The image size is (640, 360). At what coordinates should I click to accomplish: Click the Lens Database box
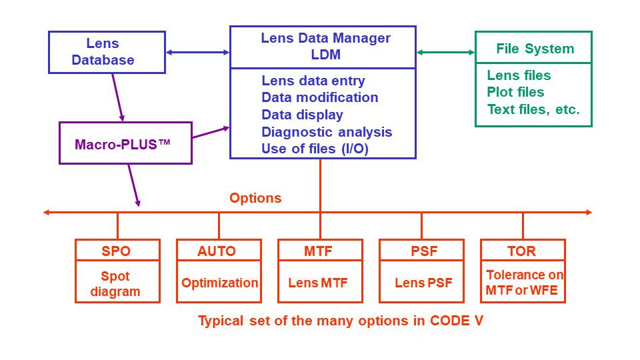pyautogui.click(x=107, y=52)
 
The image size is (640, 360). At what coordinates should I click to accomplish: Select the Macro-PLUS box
pyautogui.click(x=126, y=143)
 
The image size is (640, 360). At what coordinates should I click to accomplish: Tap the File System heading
pyautogui.click(x=535, y=49)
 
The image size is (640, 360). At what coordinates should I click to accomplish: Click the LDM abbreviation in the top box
pyautogui.click(x=326, y=54)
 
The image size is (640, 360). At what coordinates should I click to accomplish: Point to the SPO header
pyautogui.click(x=116, y=251)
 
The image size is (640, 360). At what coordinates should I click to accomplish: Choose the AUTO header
pyautogui.click(x=217, y=251)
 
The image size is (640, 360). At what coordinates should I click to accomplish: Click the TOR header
pyautogui.click(x=521, y=251)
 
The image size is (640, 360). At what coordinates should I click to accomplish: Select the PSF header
pyautogui.click(x=424, y=251)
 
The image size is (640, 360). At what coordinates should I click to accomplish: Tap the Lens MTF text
pyautogui.click(x=318, y=283)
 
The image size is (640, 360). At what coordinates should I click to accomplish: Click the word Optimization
pyautogui.click(x=219, y=283)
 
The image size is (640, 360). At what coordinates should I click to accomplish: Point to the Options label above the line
pyautogui.click(x=255, y=198)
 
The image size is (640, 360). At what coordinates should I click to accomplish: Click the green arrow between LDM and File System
pyautogui.click(x=446, y=52)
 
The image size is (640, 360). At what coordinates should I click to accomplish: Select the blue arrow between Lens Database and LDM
pyautogui.click(x=198, y=52)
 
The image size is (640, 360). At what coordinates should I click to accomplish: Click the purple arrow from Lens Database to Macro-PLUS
pyautogui.click(x=118, y=97)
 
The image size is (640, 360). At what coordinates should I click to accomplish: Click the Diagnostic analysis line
pyautogui.click(x=327, y=132)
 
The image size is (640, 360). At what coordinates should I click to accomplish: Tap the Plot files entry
pyautogui.click(x=515, y=92)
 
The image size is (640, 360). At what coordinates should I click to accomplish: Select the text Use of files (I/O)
pyautogui.click(x=315, y=149)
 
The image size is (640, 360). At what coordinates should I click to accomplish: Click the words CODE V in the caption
pyautogui.click(x=457, y=321)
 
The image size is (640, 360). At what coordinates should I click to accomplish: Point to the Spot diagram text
pyautogui.click(x=115, y=284)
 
